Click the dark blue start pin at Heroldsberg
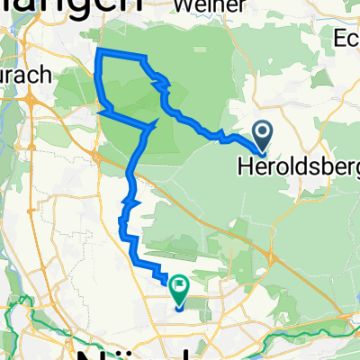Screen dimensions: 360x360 [x=263, y=134]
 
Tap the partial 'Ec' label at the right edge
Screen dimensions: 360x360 [x=346, y=39]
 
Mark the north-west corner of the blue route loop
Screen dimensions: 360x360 [x=98, y=50]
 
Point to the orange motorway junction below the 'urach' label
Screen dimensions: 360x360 [x=31, y=104]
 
